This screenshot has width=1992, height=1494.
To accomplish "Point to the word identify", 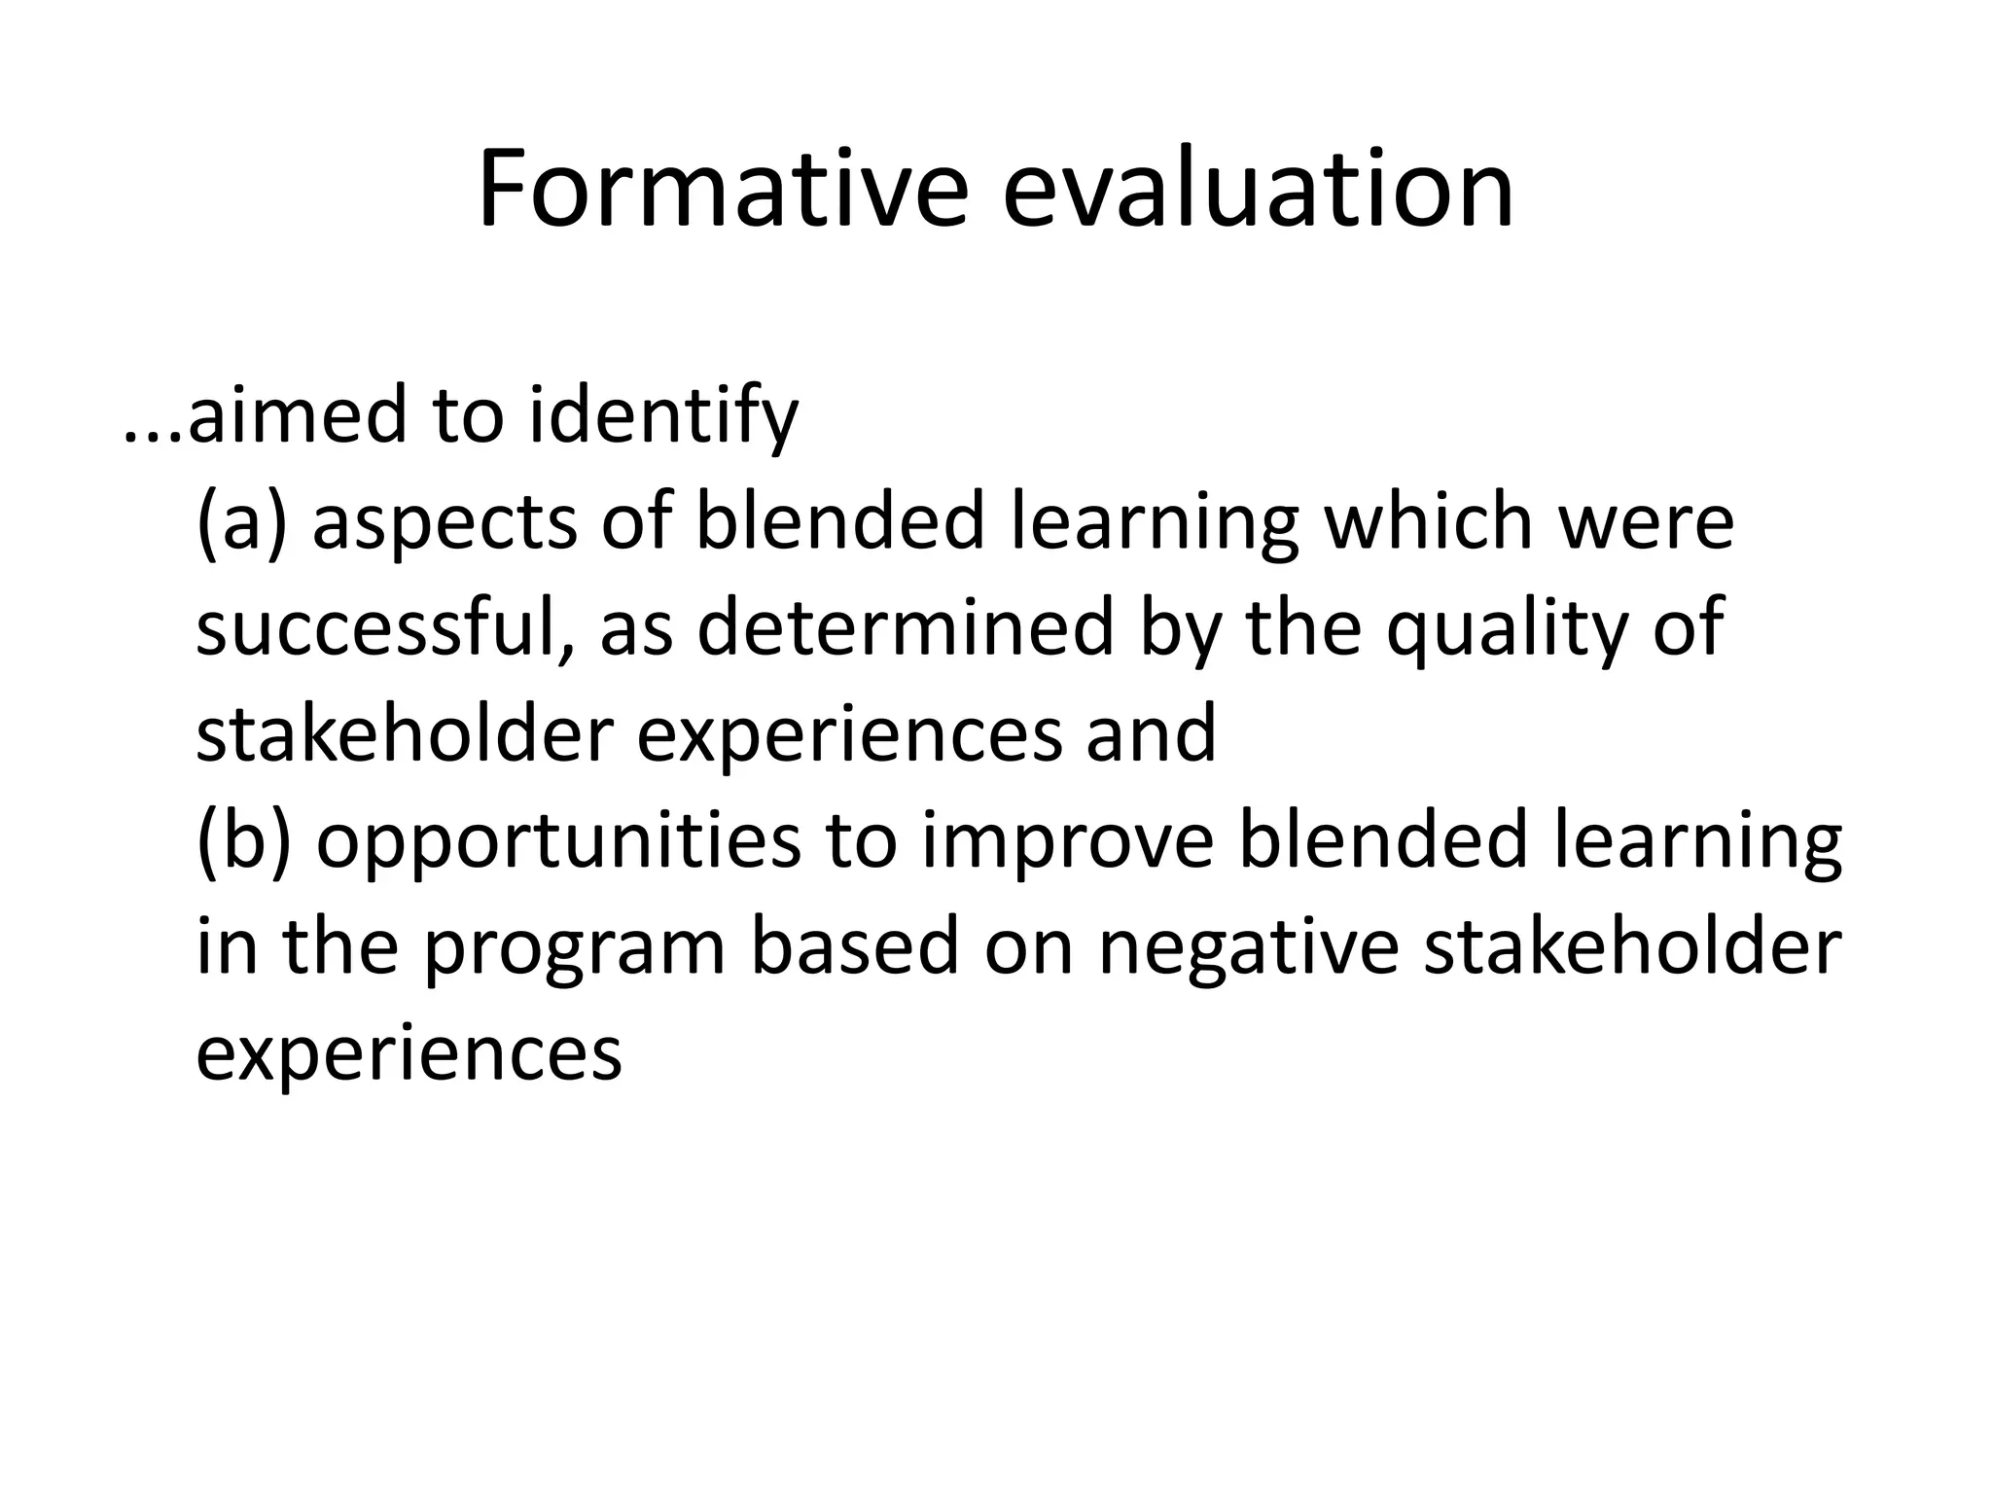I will (x=663, y=415).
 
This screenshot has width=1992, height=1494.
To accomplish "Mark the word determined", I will (x=905, y=627).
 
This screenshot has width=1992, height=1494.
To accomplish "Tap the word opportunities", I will (x=558, y=841).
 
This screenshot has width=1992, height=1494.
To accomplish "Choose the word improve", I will (x=1067, y=841).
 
